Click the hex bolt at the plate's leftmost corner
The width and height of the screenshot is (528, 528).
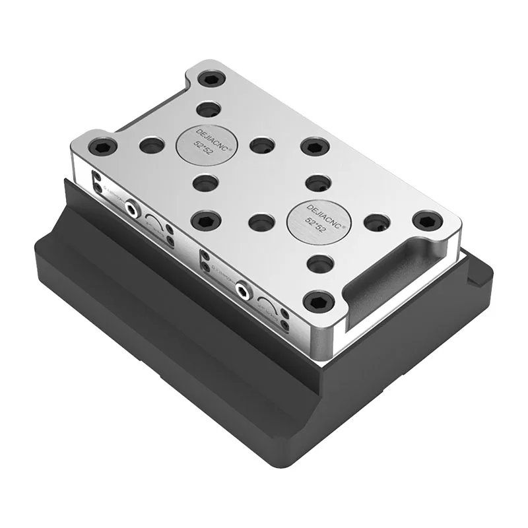[x=102, y=146]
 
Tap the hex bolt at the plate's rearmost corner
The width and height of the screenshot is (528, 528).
[x=211, y=80]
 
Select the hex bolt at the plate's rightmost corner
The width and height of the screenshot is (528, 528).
[x=426, y=220]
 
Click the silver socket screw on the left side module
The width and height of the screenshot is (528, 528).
[x=135, y=208]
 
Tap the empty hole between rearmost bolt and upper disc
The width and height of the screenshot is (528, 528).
[x=209, y=109]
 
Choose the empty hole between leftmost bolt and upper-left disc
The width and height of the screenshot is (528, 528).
[x=152, y=145]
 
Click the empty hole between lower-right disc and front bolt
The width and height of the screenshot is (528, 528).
[x=320, y=264]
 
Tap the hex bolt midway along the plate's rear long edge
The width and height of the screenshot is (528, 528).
[x=315, y=146]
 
